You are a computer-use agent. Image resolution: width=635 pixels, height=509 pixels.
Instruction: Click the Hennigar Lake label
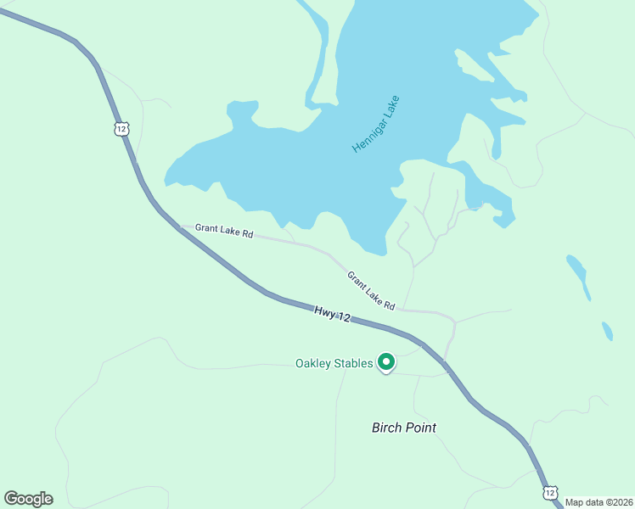coord(376,125)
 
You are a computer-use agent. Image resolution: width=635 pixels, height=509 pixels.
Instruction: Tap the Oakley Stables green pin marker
coord(386,362)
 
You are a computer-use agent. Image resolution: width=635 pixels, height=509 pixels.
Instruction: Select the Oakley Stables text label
coord(334,364)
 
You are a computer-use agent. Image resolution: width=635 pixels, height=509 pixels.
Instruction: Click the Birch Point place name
coord(404,428)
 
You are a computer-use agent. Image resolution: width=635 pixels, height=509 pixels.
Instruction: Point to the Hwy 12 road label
coord(332,315)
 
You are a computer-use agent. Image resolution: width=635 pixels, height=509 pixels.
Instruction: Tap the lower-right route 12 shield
coord(550,492)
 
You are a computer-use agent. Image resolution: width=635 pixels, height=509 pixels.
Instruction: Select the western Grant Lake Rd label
coord(224,230)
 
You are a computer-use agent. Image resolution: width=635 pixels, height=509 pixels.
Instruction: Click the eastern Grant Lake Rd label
coord(371,290)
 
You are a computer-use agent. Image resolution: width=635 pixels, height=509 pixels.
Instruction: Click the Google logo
coord(28,499)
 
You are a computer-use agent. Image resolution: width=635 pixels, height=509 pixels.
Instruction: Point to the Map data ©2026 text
coord(598,502)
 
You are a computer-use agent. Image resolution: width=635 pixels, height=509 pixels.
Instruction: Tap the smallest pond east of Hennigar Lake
coord(607,331)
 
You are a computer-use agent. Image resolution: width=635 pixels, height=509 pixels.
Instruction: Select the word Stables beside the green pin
coord(354,364)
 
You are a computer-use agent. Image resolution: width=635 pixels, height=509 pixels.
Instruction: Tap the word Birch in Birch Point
coord(387,428)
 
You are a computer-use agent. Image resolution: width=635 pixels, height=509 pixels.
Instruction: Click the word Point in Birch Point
coord(421,428)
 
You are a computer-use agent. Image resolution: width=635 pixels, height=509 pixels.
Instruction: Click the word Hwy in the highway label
coord(323,312)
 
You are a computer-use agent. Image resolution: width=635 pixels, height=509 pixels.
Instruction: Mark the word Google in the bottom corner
coord(28,499)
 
